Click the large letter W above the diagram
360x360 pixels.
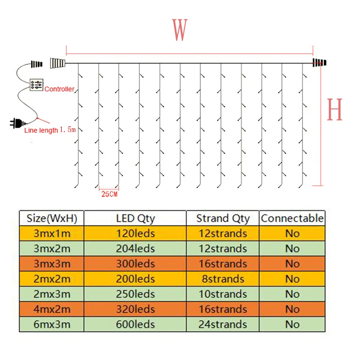pyautogui.click(x=180, y=30)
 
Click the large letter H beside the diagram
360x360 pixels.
pyautogui.click(x=334, y=109)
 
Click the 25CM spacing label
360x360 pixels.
pyautogui.click(x=109, y=194)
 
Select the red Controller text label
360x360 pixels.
pyautogui.click(x=59, y=89)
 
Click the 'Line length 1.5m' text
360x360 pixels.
pyautogui.click(x=50, y=130)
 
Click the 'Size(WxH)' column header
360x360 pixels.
pyautogui.click(x=52, y=219)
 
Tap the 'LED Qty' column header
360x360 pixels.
pyautogui.click(x=135, y=219)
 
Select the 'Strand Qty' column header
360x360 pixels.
pyautogui.click(x=223, y=219)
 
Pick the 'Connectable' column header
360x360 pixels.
pyautogui.click(x=292, y=219)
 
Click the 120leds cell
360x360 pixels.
pyautogui.click(x=135, y=234)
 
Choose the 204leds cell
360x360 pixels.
pyautogui.click(x=135, y=248)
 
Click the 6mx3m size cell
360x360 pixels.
pyautogui.click(x=52, y=324)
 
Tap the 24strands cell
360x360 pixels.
pyautogui.click(x=223, y=324)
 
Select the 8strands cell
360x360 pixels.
pyautogui.click(x=223, y=279)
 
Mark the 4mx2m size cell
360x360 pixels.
pyautogui.click(x=52, y=309)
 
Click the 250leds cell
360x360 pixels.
pyautogui.click(x=135, y=294)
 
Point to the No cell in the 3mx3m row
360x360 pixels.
pyautogui.click(x=292, y=264)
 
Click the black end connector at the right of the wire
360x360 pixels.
pyautogui.click(x=319, y=63)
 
